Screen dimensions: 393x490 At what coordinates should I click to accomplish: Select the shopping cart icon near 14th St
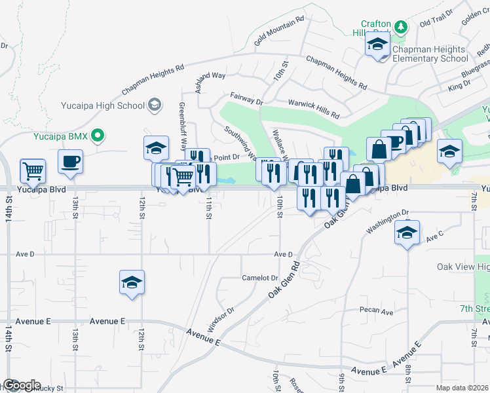coord(33,171)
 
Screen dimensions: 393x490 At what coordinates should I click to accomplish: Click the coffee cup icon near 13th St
coord(70,161)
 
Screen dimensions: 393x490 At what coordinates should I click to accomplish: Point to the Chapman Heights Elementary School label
coord(430,54)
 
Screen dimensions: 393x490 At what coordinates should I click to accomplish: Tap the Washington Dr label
coord(387,221)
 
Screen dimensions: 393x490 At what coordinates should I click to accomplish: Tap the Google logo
coord(21,385)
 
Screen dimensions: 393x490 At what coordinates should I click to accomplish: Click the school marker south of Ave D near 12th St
coord(131,282)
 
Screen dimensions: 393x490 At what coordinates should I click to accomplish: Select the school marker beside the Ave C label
coord(407,233)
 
